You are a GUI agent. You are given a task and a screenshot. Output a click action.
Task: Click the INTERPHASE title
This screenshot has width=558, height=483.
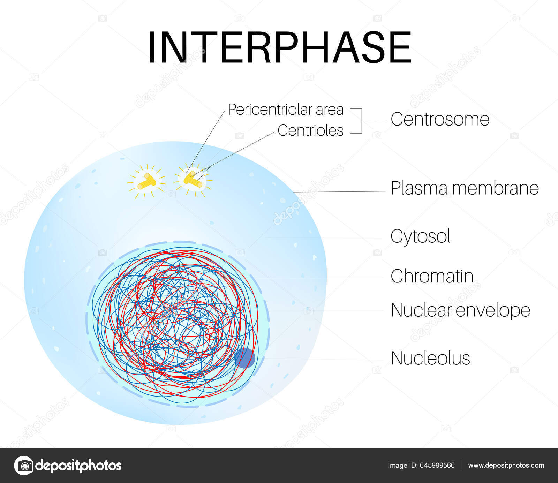click(x=280, y=47)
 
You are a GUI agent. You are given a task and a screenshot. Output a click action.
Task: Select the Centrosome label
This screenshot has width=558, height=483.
click(x=440, y=119)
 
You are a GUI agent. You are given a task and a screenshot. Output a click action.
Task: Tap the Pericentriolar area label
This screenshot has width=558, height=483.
click(x=286, y=110)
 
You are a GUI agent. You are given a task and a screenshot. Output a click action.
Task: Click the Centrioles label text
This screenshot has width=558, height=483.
click(x=310, y=130)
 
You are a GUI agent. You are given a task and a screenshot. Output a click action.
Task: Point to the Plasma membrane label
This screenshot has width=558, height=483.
click(x=465, y=188)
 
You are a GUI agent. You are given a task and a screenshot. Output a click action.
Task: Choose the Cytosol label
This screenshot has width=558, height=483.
click(x=420, y=236)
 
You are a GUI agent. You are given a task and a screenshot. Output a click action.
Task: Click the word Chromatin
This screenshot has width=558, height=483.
click(x=432, y=276)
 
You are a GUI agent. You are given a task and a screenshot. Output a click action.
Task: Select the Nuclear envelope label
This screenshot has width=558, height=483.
click(x=460, y=310)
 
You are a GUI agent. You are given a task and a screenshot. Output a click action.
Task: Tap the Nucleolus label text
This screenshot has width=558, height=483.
click(x=430, y=358)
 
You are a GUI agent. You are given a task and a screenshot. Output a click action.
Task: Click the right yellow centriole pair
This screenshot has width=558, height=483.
click(x=193, y=179)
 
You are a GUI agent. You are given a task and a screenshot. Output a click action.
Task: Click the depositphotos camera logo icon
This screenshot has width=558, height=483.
click(x=24, y=466)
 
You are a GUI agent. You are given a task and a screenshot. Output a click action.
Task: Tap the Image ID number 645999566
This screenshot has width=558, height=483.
click(x=437, y=466)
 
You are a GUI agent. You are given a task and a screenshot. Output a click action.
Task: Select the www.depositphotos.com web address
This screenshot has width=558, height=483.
click(x=506, y=466)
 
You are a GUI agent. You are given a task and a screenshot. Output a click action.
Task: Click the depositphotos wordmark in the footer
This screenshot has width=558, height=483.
click(x=78, y=466)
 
